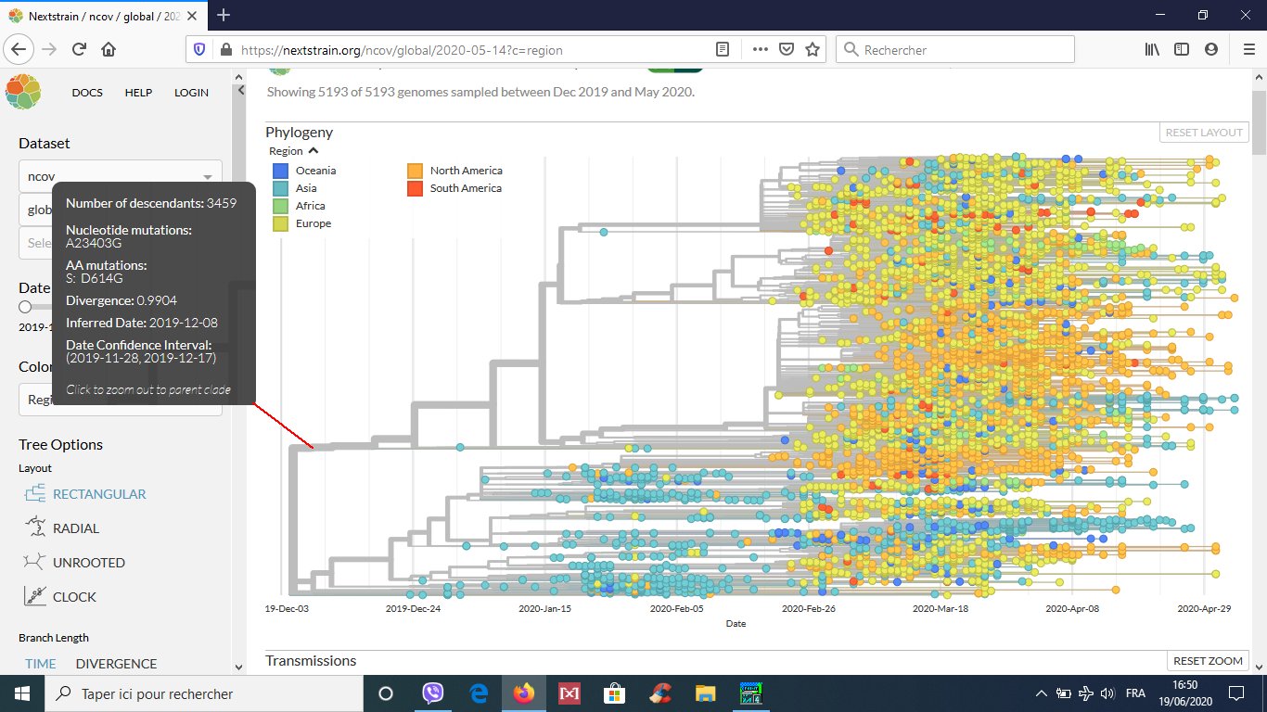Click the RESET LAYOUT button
1204,133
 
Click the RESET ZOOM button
1208,661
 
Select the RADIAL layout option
75,528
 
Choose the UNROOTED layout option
88,563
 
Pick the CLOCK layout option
74,597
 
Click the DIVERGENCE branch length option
116,664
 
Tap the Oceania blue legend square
280,171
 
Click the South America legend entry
465,188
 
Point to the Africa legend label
310,206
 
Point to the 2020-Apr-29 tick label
1204,609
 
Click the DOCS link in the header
87,93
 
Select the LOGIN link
191,93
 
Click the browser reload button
80,50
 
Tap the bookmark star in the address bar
813,50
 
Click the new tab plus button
224,15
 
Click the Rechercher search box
955,50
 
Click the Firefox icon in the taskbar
524,693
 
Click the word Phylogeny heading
299,133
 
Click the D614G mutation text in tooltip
101,278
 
